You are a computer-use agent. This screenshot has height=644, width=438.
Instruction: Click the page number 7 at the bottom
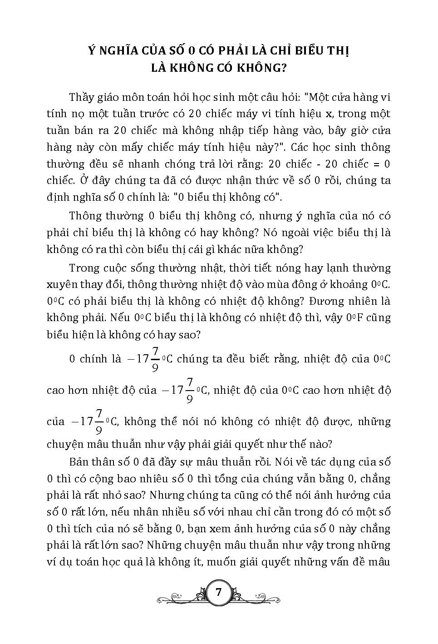coord(218,592)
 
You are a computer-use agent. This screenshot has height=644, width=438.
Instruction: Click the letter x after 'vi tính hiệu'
coord(330,114)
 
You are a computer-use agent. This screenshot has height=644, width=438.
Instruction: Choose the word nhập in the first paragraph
coord(224,131)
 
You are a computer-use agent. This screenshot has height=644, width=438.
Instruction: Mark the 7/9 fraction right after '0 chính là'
coord(155,359)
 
